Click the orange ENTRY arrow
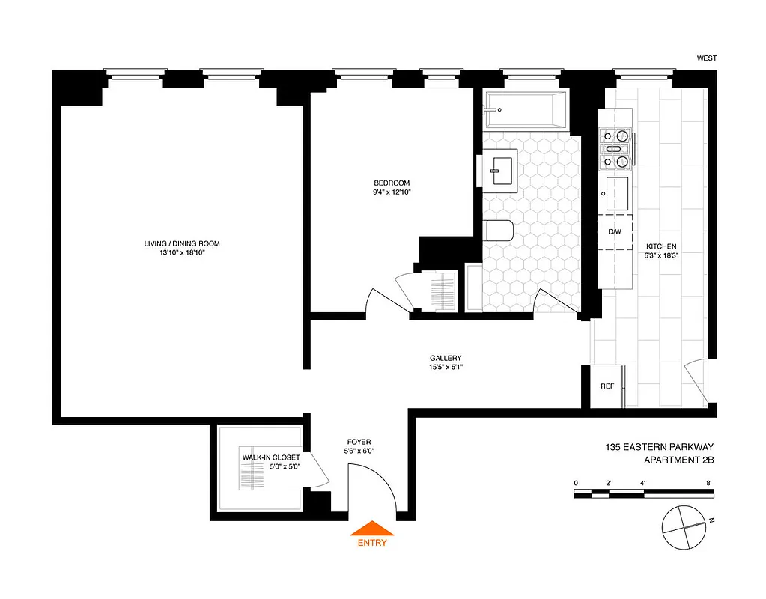pos(372,529)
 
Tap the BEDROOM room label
pos(392,183)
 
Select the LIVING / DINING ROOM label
pos(182,244)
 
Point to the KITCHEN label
pos(661,246)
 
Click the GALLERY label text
pos(446,358)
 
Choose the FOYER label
pos(359,442)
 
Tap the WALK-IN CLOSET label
pos(270,457)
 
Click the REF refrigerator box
pos(607,386)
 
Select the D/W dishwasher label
pos(615,231)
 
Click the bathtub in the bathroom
pos(524,109)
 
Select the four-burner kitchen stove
pos(616,148)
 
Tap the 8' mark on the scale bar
pos(708,483)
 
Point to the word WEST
pos(707,57)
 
